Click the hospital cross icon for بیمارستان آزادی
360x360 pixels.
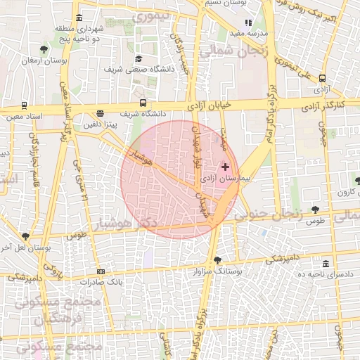[x=225, y=167]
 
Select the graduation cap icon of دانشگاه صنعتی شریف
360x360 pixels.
[x=139, y=59]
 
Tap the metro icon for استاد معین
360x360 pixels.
[x=25, y=105]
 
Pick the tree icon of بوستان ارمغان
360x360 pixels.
[x=44, y=49]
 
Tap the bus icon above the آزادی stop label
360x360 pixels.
[x=322, y=79]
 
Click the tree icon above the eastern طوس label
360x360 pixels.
[x=314, y=209]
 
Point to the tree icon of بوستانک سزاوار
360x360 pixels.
[x=217, y=260]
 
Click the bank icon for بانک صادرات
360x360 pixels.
[x=101, y=271]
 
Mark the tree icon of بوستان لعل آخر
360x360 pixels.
[x=26, y=237]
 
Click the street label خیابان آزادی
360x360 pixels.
[x=208, y=105]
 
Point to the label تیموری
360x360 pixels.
[x=153, y=15]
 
